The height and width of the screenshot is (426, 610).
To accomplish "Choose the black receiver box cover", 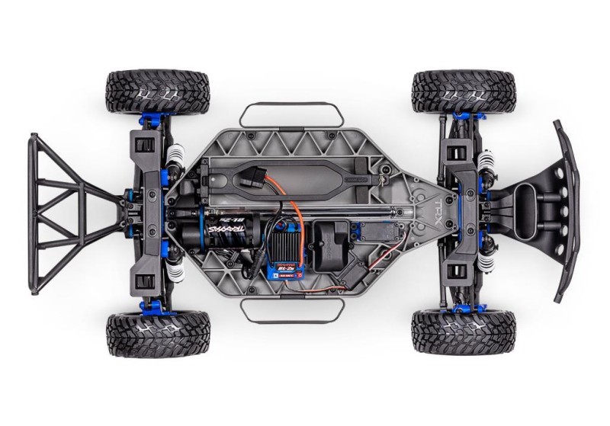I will click(332, 243).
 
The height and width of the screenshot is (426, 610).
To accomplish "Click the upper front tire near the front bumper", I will click(463, 91).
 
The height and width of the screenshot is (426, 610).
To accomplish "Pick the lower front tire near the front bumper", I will click(463, 332).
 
